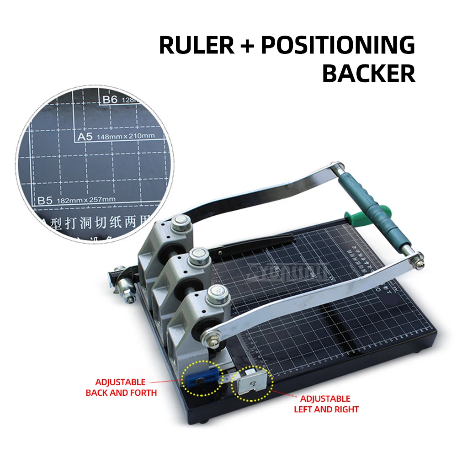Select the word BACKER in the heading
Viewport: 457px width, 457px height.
tap(369, 73)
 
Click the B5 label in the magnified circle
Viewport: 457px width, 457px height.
tap(46, 199)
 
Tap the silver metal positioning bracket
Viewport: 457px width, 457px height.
tap(251, 383)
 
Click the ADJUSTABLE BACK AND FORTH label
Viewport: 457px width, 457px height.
tap(121, 387)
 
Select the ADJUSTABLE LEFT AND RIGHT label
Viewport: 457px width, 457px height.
tap(326, 404)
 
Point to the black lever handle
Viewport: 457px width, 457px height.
tap(256, 242)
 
